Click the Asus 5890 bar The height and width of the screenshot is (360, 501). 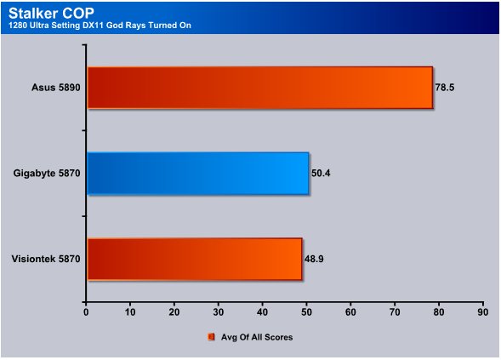pos(260,88)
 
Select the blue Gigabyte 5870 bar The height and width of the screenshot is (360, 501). pos(198,174)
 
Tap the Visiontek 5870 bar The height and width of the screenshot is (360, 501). pos(195,259)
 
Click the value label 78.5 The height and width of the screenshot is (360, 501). pos(445,88)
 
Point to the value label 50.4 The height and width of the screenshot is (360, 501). pos(321,173)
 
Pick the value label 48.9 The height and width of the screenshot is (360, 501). pos(314,259)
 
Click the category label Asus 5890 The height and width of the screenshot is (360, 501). pos(56,88)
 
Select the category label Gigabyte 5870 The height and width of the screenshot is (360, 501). pos(47,173)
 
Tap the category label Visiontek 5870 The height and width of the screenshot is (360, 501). pos(46,259)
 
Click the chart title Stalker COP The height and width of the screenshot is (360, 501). pos(51,13)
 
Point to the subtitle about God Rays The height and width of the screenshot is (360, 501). pos(100,26)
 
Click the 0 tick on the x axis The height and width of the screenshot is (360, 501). pos(86,312)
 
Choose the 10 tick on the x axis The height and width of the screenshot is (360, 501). pos(130,312)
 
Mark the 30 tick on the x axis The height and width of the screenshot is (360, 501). pos(219,312)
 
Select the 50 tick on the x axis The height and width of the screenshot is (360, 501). pos(306,312)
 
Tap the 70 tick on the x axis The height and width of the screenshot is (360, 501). pos(395,312)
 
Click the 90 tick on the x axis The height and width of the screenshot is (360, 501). pos(483,312)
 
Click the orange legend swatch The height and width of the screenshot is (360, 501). pos(211,337)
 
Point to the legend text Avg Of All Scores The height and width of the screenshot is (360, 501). pos(257,337)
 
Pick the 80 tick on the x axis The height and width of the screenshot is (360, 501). pos(439,312)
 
